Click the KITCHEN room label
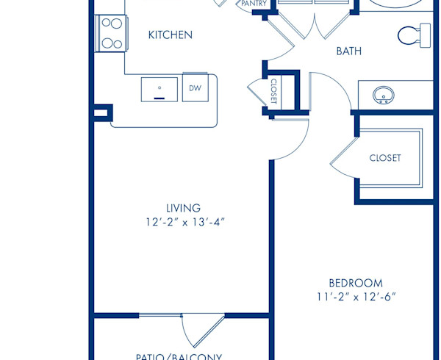click(171, 35)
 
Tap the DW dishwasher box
click(195, 88)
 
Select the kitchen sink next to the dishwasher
click(159, 88)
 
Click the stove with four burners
click(110, 33)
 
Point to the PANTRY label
click(254, 4)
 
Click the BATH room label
click(348, 51)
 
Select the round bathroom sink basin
click(383, 95)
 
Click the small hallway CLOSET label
click(273, 92)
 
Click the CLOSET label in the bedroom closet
click(384, 158)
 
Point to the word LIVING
click(183, 208)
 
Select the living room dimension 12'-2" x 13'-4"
click(184, 221)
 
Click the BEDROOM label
click(355, 283)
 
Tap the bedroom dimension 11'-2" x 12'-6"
click(356, 297)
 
